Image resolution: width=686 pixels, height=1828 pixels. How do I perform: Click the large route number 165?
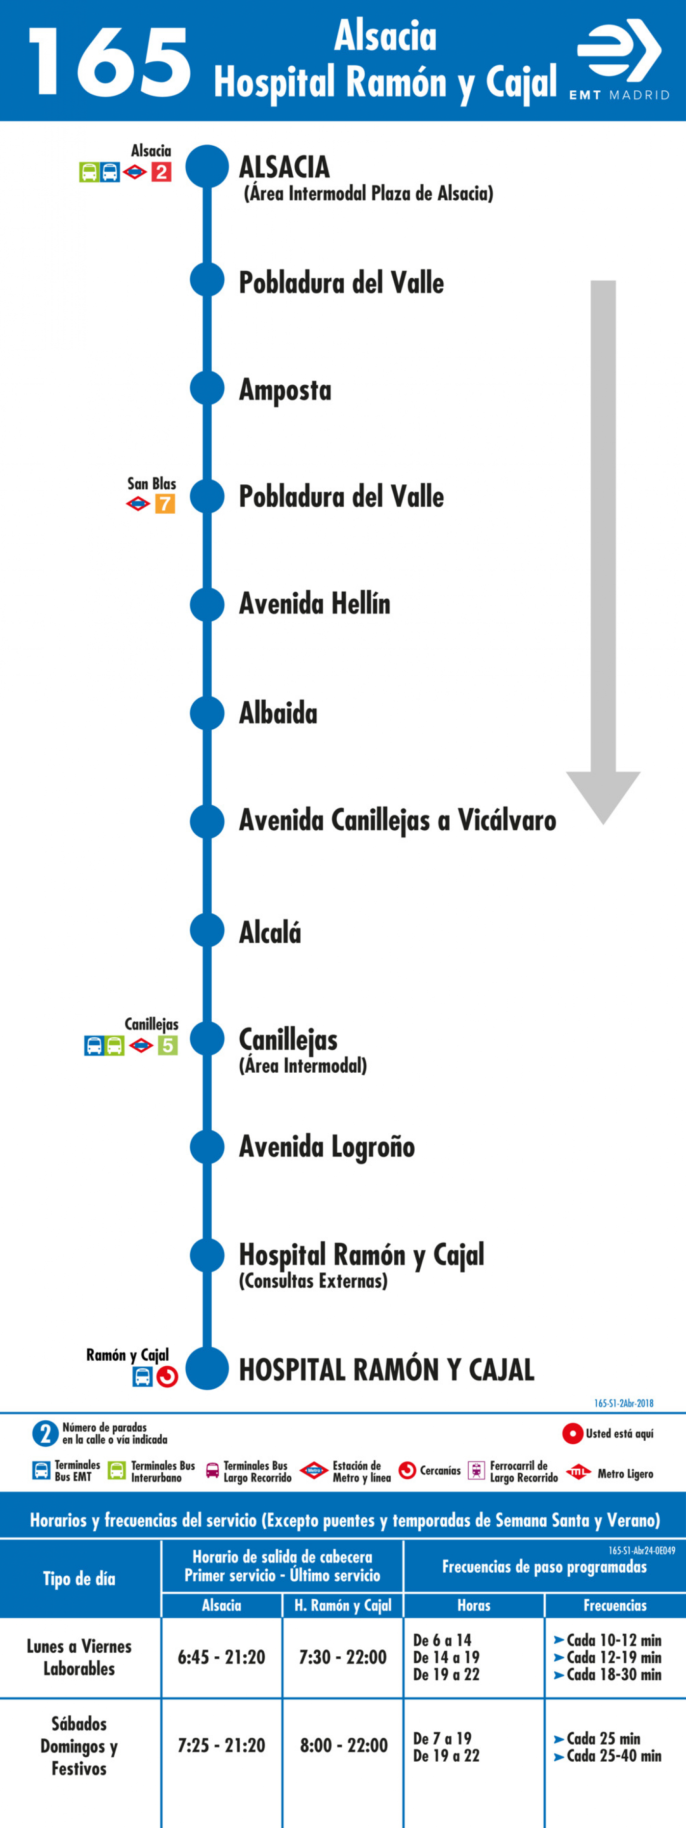(x=110, y=62)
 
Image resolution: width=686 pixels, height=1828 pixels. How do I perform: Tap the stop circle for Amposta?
(x=207, y=388)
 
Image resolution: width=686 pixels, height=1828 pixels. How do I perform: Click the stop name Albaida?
(x=278, y=713)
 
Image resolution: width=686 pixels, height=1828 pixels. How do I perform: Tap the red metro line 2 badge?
(x=161, y=172)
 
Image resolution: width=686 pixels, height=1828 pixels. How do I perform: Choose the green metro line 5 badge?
(x=167, y=1045)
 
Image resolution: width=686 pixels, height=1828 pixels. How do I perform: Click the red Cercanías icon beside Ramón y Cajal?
(x=167, y=1377)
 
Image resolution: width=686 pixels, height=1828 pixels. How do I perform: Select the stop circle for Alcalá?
(x=207, y=930)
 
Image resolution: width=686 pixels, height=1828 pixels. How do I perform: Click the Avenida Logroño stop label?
(x=327, y=1147)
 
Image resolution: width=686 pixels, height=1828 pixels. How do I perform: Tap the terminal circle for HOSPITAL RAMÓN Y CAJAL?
(x=207, y=1368)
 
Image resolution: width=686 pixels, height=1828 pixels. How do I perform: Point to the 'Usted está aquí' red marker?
(x=573, y=1433)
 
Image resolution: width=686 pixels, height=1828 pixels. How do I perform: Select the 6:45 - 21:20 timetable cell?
(x=221, y=1657)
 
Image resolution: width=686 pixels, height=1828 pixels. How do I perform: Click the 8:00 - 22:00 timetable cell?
(x=343, y=1745)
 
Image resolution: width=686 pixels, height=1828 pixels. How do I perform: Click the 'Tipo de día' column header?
(x=79, y=1578)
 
